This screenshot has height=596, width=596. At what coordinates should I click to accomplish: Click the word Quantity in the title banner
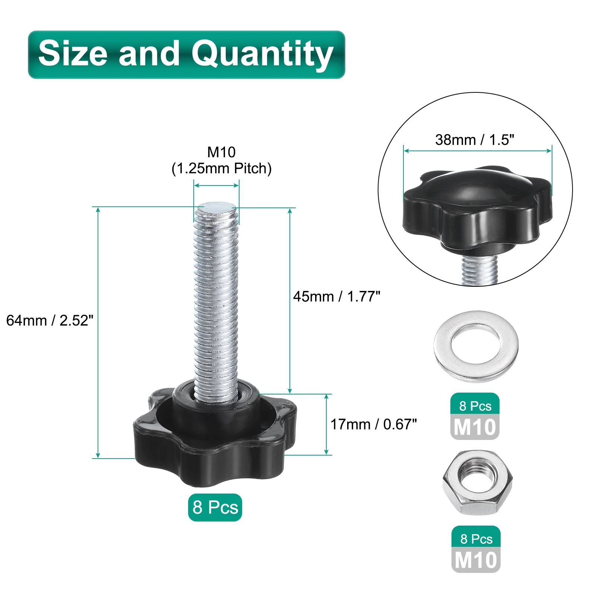pos(262,55)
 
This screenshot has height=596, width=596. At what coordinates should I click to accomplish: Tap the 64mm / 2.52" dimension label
pos(50,320)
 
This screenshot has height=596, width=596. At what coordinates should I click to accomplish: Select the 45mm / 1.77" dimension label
pos(337,297)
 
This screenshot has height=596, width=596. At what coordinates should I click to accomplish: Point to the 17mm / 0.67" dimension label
pos(374,424)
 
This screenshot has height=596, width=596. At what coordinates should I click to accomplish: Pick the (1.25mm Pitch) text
pos(222,168)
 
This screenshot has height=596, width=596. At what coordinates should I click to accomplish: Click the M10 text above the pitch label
pos(222,152)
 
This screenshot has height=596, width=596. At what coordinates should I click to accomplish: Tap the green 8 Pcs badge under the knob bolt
pos(215,507)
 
